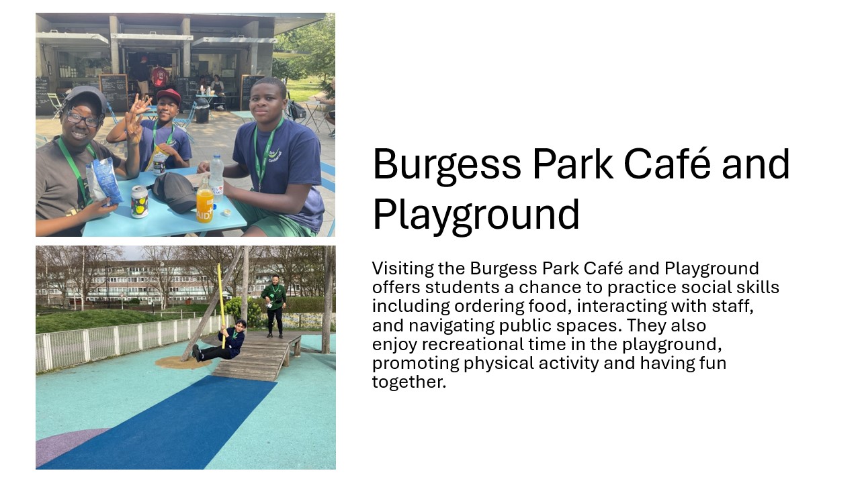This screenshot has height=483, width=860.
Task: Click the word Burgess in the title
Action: click(447, 165)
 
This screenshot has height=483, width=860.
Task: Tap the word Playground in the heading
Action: click(476, 215)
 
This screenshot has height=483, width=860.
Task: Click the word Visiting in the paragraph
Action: click(402, 269)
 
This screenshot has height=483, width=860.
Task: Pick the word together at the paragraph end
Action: click(409, 382)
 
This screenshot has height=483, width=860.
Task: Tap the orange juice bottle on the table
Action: click(204, 201)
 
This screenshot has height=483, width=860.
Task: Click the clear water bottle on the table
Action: click(216, 177)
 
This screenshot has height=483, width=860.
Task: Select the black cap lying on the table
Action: click(175, 192)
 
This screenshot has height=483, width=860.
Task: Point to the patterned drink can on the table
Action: click(139, 202)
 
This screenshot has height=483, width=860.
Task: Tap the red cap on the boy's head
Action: click(169, 96)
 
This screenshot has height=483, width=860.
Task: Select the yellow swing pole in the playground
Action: click(222, 305)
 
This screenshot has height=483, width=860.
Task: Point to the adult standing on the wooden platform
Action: click(274, 306)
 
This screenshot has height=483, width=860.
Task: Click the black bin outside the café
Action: click(202, 111)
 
